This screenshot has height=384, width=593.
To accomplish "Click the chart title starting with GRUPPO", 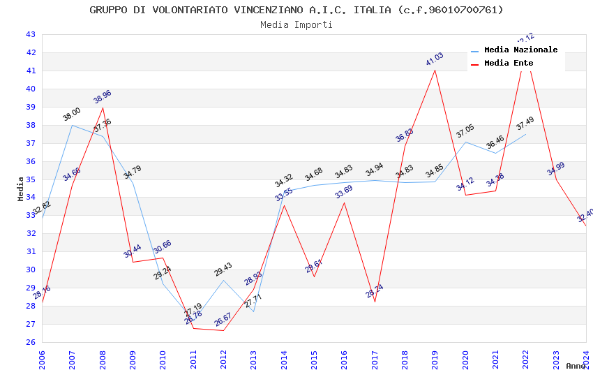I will (296, 10).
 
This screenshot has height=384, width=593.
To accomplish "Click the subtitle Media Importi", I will (296, 24).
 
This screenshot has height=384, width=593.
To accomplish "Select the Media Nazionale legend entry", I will (520, 50).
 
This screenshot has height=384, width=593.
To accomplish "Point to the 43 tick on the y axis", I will (30, 34).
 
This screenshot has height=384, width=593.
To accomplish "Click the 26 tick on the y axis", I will (30, 342).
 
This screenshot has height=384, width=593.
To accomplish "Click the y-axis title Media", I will (21, 189).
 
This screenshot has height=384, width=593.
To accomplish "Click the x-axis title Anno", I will (576, 366).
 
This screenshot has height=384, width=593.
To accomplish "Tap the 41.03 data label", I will (435, 59).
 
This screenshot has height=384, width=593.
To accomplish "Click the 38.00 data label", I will (72, 115).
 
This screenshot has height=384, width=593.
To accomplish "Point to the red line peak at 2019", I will (435, 70).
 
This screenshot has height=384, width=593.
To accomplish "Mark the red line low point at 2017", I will (375, 302).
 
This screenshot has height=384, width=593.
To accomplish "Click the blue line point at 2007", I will (72, 125).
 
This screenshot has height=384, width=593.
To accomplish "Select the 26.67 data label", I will (223, 320).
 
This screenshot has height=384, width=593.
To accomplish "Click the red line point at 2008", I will (103, 108).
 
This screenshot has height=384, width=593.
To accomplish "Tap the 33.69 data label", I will (343, 192).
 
